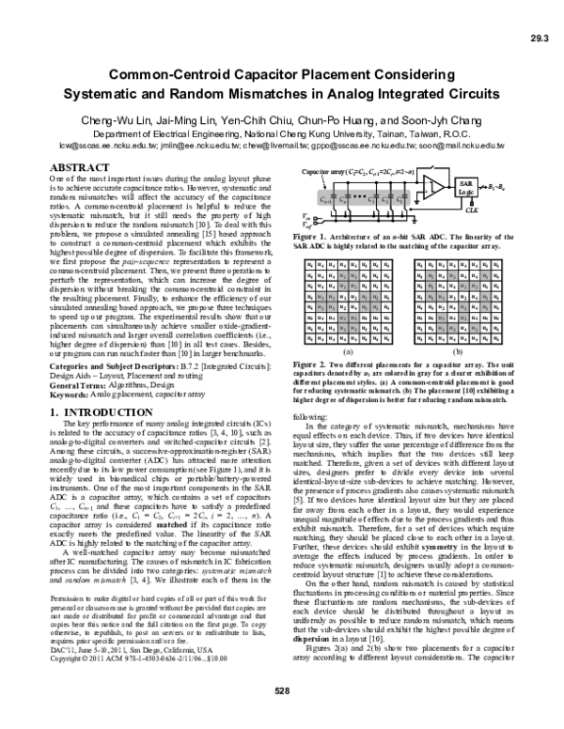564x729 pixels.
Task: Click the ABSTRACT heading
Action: tap(80, 167)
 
